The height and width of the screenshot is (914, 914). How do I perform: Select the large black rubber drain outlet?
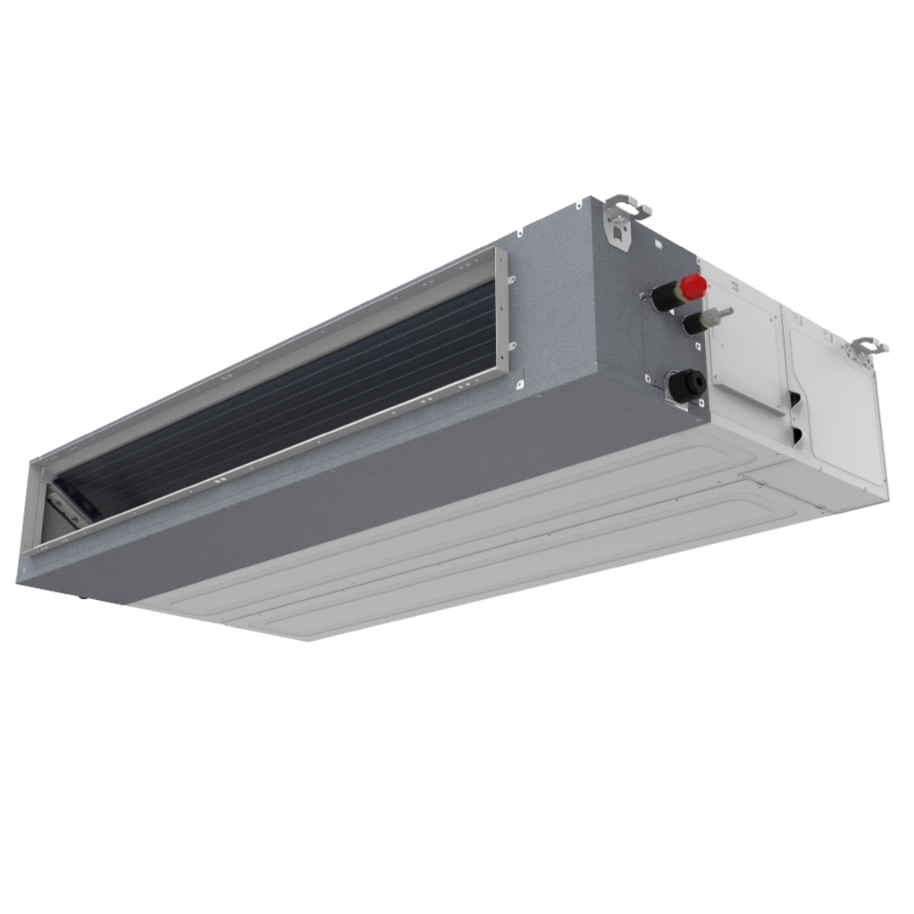[x=686, y=385]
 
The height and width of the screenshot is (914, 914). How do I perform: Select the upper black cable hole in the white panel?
[x=796, y=398]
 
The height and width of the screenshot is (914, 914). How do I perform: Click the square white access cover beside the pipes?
[x=745, y=347]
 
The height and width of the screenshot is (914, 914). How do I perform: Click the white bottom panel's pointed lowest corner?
[x=309, y=638]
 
